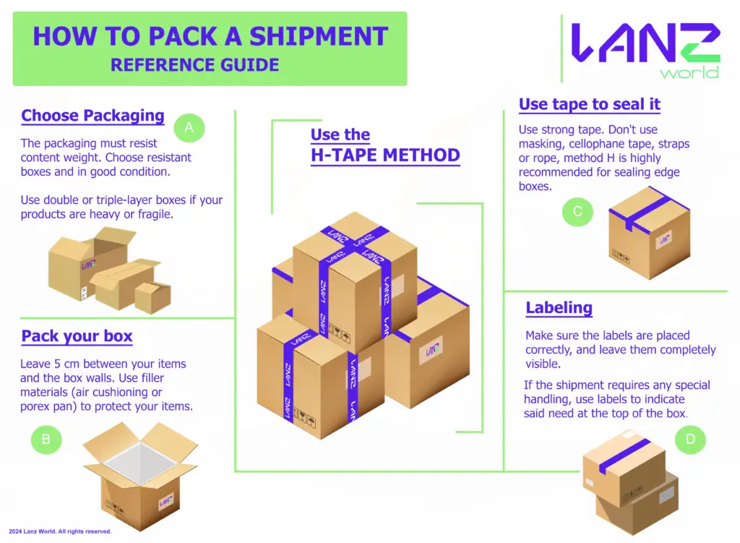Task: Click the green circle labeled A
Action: click(189, 127)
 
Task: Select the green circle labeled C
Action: click(577, 211)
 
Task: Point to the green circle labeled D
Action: click(690, 439)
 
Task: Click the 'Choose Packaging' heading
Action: click(92, 116)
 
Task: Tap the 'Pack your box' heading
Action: click(77, 336)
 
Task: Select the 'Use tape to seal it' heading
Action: click(590, 104)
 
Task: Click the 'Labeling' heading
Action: click(559, 307)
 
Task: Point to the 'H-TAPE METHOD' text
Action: click(385, 155)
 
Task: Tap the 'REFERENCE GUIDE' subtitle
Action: click(194, 65)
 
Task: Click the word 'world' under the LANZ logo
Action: click(689, 72)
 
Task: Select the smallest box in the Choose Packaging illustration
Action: click(152, 297)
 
